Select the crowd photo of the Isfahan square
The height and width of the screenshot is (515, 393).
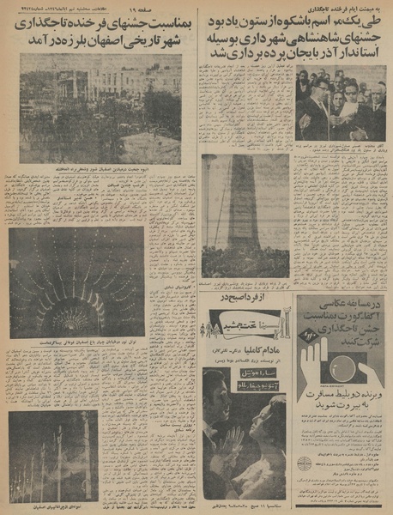(x=100, y=109)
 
